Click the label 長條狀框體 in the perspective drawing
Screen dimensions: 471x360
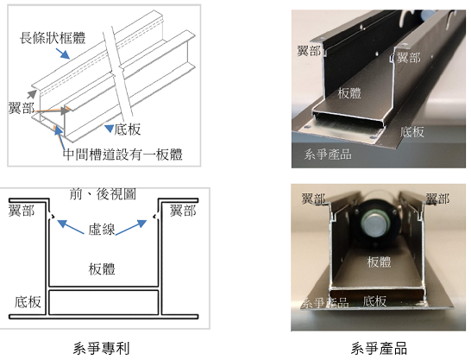click(53, 38)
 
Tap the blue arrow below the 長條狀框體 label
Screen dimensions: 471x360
click(63, 54)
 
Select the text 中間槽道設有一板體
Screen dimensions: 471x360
click(122, 155)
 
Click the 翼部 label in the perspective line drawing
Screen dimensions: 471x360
click(22, 108)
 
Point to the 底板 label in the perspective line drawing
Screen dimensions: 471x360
click(128, 129)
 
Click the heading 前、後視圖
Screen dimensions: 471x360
click(103, 194)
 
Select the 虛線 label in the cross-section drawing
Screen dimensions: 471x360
click(102, 230)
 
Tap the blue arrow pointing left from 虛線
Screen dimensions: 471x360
click(71, 227)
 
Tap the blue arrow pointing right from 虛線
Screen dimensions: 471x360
click(131, 227)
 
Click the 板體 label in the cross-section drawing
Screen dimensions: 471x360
click(102, 268)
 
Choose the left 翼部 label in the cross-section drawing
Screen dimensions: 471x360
click(22, 211)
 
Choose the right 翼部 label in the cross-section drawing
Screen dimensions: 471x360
click(183, 211)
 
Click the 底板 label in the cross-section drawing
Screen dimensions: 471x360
click(28, 301)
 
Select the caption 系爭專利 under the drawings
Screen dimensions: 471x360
click(101, 349)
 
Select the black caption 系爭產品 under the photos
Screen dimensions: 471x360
click(379, 348)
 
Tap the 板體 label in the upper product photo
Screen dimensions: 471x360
click(349, 93)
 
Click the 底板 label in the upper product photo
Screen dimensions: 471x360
click(412, 132)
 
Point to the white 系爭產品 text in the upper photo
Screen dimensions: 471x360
click(328, 155)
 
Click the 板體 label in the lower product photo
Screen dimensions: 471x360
click(379, 262)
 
